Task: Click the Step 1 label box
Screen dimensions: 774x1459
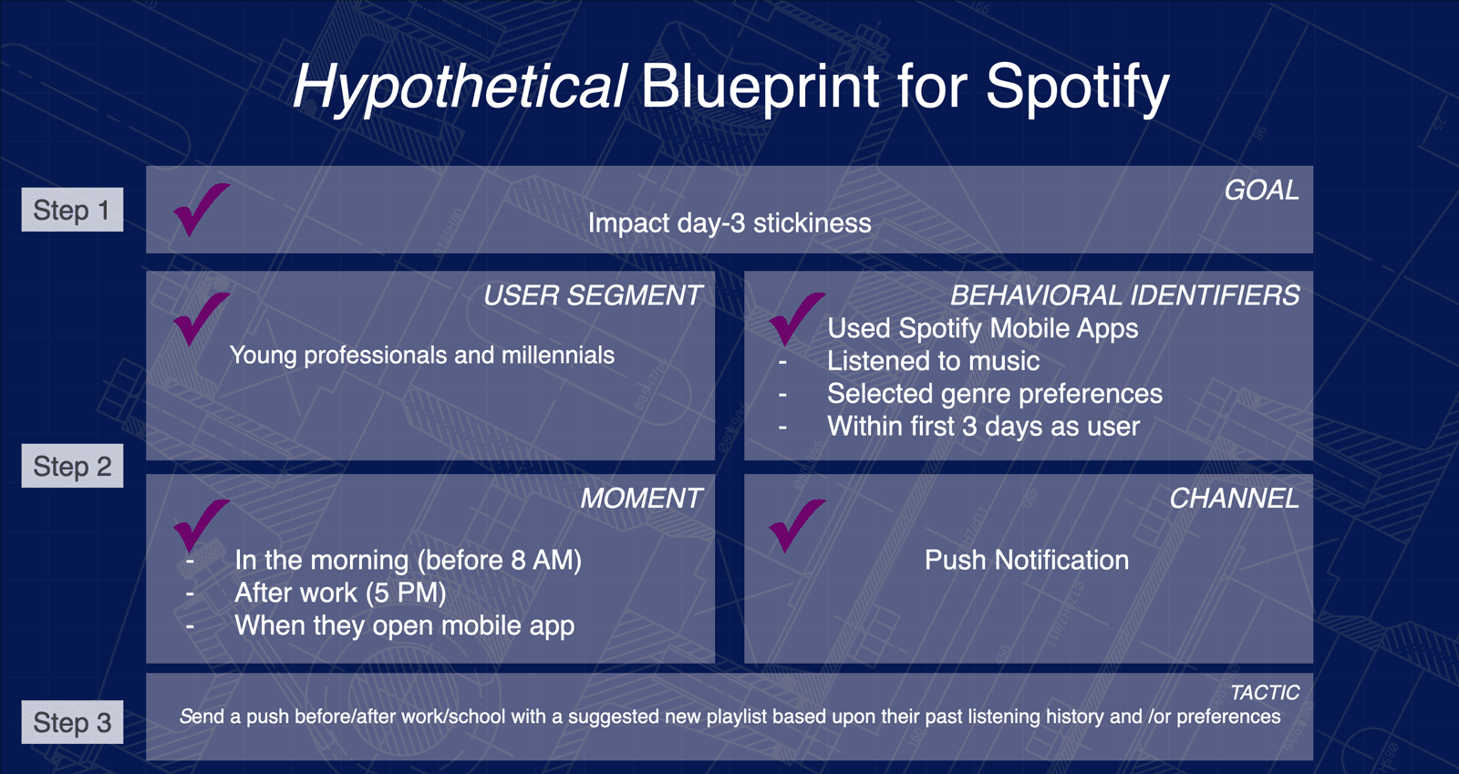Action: (x=72, y=211)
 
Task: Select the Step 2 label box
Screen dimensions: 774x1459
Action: (x=72, y=467)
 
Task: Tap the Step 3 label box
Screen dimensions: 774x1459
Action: (x=72, y=723)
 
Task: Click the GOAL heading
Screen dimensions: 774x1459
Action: (x=1261, y=191)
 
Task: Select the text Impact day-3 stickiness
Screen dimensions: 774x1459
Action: (x=729, y=223)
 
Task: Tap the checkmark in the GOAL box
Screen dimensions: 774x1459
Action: (x=200, y=210)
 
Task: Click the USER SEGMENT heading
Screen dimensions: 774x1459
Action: (x=592, y=295)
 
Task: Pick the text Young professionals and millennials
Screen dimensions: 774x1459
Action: (x=421, y=356)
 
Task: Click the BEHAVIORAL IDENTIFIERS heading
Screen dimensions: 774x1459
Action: (x=1124, y=295)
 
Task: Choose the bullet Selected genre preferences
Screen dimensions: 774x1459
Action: (x=994, y=394)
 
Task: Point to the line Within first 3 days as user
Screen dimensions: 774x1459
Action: (x=983, y=427)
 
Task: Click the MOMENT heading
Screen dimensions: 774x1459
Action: (x=641, y=499)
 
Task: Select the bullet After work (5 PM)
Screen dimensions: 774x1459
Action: (x=340, y=593)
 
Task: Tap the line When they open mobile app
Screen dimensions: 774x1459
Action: (x=404, y=626)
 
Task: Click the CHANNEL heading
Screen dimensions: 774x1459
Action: (x=1234, y=499)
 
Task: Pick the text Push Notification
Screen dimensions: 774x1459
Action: (x=1026, y=561)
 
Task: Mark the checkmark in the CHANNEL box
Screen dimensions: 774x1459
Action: (x=795, y=525)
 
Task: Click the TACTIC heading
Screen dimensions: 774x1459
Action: (x=1265, y=693)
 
